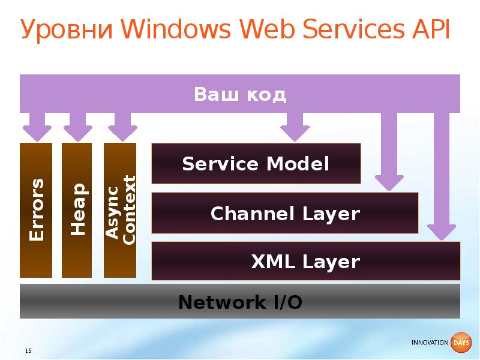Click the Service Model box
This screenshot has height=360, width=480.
pyautogui.click(x=256, y=163)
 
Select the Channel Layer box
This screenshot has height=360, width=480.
pyautogui.click(x=285, y=213)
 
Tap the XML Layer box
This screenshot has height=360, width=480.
pyautogui.click(x=305, y=262)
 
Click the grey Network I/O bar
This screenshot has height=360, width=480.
pyautogui.click(x=240, y=302)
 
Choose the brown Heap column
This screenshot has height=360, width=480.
pyautogui.click(x=77, y=210)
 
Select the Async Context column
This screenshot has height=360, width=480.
pyautogui.click(x=120, y=210)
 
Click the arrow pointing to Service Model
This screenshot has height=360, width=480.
pyautogui.click(x=295, y=127)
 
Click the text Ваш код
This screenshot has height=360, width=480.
pyautogui.click(x=240, y=95)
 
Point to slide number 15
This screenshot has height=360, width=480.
pyautogui.click(x=28, y=350)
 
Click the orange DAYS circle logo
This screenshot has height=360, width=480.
pyautogui.click(x=461, y=343)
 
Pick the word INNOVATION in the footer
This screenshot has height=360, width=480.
pyautogui.click(x=430, y=343)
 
